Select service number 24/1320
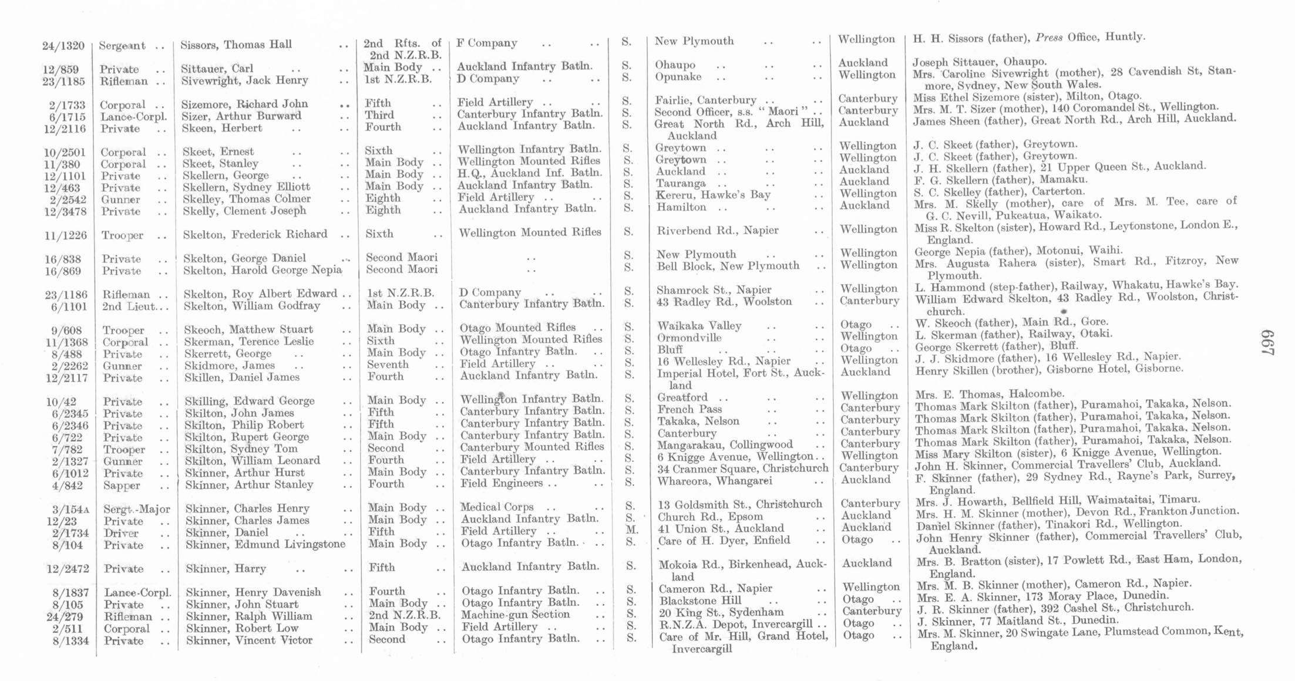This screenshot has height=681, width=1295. (63, 46)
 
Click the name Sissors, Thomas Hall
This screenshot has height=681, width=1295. (236, 45)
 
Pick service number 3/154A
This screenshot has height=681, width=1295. (70, 510)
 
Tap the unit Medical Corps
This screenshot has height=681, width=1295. (497, 507)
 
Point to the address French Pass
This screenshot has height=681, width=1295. (689, 409)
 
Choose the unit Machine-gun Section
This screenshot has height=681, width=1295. (515, 614)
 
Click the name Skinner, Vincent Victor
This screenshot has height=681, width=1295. (249, 640)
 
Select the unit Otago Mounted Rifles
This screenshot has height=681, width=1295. (517, 328)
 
